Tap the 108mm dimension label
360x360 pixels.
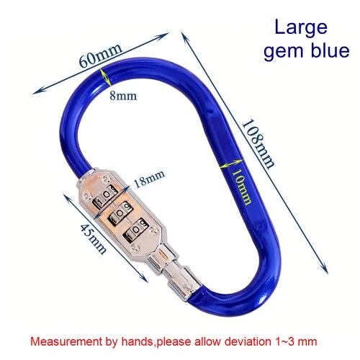tap(258, 144)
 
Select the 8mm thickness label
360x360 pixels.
tap(123, 96)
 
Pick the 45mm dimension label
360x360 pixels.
tap(93, 238)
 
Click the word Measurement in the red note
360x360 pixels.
tap(66, 341)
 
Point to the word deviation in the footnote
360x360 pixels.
tap(248, 341)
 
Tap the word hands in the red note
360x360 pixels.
tap(137, 341)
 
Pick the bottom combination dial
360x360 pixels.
tap(135, 229)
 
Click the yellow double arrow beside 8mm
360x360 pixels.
tap(106, 77)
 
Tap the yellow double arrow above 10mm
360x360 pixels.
tap(231, 164)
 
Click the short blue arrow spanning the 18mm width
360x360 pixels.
tap(111, 202)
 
